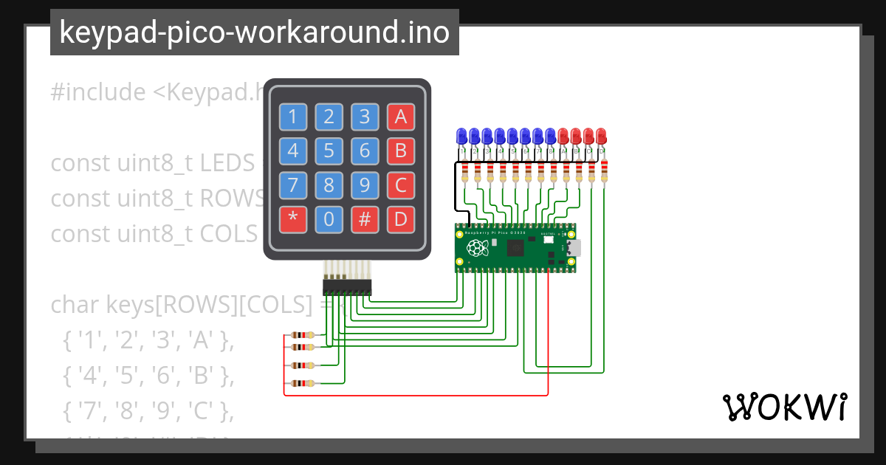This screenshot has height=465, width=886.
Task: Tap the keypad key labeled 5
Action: click(329, 151)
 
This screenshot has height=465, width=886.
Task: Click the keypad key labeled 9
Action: click(365, 185)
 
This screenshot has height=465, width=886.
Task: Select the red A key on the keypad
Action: click(400, 117)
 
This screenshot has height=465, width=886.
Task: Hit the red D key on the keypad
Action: click(400, 219)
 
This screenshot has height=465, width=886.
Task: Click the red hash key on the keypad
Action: click(365, 219)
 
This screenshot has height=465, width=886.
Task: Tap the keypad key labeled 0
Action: click(329, 219)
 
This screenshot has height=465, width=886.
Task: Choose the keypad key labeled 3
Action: click(365, 117)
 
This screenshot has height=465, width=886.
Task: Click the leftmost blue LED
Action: click(462, 137)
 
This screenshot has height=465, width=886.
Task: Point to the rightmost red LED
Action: click(601, 137)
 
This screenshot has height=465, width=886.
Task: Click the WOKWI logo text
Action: click(784, 407)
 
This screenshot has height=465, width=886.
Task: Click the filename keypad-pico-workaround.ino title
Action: click(254, 32)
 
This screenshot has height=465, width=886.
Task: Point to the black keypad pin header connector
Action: click(347, 286)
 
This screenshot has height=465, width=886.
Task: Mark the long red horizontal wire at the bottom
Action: click(413, 396)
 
